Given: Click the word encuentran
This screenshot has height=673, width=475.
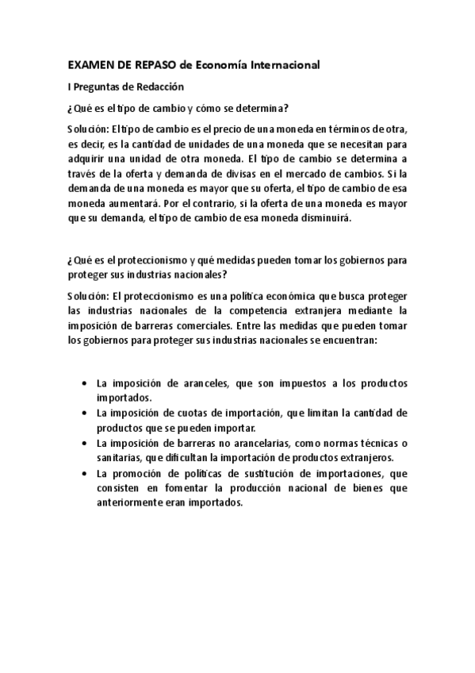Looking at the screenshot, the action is pos(350,338).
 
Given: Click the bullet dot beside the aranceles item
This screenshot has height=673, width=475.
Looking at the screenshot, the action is pos(85,383).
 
